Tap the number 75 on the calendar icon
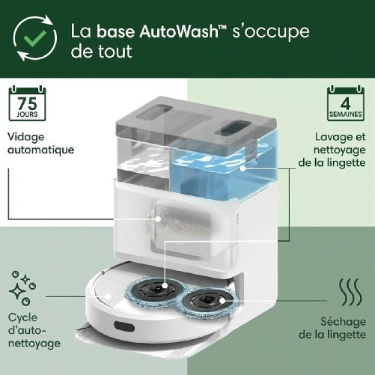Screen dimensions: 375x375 pyautogui.click(x=27, y=103)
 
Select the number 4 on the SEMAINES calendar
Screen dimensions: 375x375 pyautogui.click(x=346, y=103)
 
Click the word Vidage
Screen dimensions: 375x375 pyautogui.click(x=26, y=137)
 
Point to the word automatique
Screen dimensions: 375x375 pyautogui.click(x=41, y=150)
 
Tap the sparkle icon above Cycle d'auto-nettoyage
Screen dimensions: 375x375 pyautogui.click(x=22, y=288)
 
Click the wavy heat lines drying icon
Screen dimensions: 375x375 pyautogui.click(x=350, y=292)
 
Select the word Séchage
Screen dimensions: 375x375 pyautogui.click(x=343, y=322)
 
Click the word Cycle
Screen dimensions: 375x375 pyautogui.click(x=22, y=318)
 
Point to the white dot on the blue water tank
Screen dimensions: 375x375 pyautogui.click(x=243, y=168)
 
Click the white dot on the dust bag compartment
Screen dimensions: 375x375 pyautogui.click(x=158, y=219)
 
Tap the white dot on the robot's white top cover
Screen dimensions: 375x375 pyautogui.click(x=108, y=296)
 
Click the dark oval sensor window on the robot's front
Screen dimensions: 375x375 pyautogui.click(x=124, y=326)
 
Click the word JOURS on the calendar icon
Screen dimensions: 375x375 pyautogui.click(x=27, y=115)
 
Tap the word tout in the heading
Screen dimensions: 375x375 pyautogui.click(x=115, y=52)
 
